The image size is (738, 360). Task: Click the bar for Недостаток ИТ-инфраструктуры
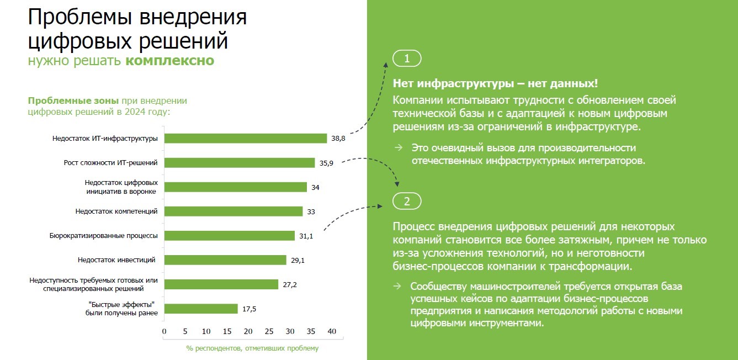246,139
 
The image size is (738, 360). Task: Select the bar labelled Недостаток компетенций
233,211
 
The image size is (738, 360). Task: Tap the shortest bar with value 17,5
201,309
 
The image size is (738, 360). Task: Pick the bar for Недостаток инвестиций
225,260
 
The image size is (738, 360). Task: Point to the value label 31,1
307,236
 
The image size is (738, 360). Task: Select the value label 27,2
290,284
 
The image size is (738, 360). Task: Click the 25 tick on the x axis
269,331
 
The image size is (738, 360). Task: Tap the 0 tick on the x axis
164,331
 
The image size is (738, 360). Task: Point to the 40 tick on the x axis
332,331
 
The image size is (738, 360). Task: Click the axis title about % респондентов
252,348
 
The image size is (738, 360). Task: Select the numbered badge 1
407,59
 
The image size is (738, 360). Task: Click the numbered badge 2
407,201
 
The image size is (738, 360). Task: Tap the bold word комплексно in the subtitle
169,61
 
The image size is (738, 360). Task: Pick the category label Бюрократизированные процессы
104,236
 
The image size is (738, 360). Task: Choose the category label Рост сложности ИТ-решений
111,163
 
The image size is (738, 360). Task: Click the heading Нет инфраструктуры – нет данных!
495,84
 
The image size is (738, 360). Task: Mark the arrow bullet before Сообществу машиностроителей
397,286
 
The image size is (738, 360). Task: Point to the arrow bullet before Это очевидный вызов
398,148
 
